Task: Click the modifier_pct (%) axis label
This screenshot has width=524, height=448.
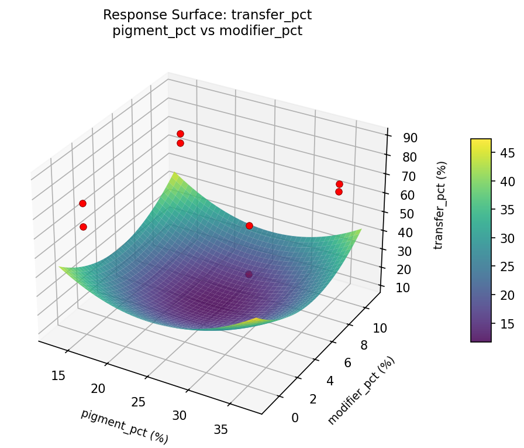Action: click(x=361, y=390)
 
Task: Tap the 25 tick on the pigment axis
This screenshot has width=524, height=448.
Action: click(x=138, y=402)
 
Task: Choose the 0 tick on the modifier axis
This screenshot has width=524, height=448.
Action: click(x=295, y=418)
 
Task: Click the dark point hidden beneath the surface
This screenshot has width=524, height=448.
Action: click(x=249, y=275)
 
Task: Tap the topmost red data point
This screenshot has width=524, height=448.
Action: click(x=180, y=134)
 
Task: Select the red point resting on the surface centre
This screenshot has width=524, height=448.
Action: click(x=249, y=225)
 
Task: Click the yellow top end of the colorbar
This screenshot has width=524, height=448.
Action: click(x=481, y=142)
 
